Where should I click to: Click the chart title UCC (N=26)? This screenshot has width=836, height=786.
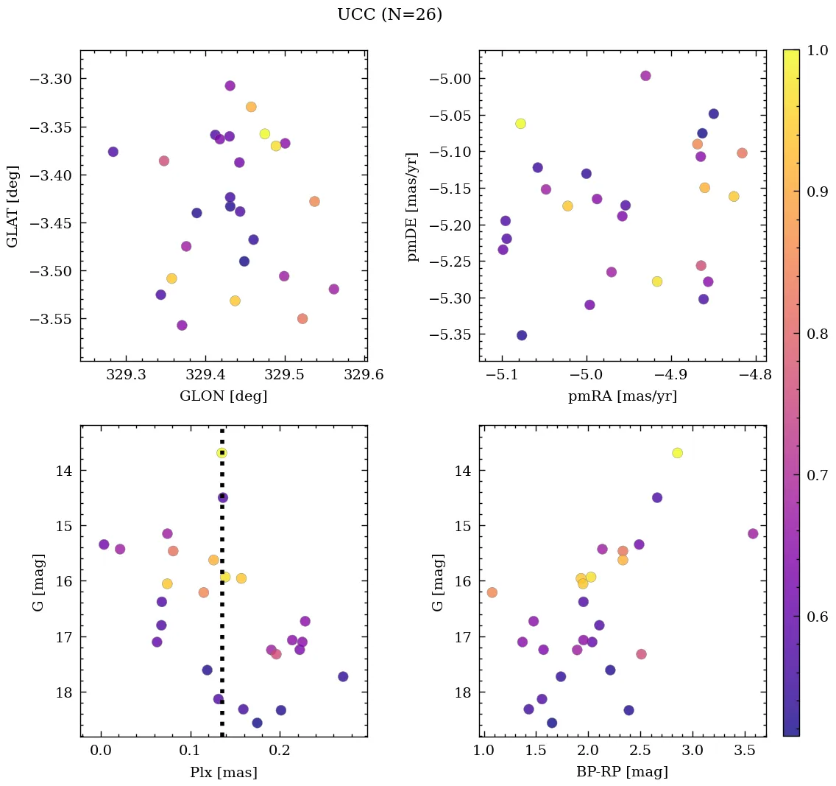coord(389,15)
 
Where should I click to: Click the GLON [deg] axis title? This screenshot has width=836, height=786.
coord(223,396)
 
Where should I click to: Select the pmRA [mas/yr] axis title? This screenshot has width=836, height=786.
coord(622,396)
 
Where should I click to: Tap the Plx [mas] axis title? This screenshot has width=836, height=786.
coord(223,773)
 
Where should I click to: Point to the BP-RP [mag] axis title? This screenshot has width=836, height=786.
coord(622,773)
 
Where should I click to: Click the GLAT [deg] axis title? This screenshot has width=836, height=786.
coord(13,206)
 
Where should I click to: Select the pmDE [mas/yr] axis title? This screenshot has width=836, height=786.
coord(412,206)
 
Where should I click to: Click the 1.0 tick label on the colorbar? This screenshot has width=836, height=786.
coord(818,50)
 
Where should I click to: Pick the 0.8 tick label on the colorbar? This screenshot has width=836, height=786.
coord(818,334)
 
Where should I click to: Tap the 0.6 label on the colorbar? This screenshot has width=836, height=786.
coord(818,616)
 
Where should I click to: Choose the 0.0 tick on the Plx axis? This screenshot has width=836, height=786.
coord(101,751)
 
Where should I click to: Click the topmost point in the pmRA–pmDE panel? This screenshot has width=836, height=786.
coord(645,76)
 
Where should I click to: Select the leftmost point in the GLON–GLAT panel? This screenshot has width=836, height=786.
coord(113,152)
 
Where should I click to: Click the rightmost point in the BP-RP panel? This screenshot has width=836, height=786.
coord(752,533)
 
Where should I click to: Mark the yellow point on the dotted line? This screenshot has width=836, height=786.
coord(222,453)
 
